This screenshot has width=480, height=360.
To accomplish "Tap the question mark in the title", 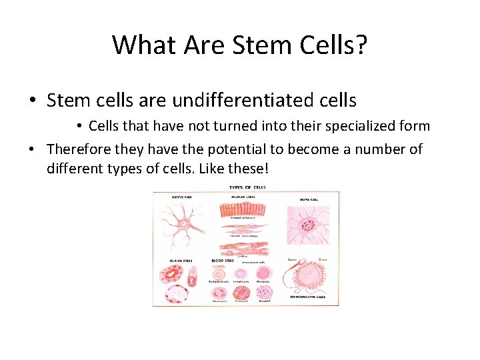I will pyautogui.click(x=361, y=44).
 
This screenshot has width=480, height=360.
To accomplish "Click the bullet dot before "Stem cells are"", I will pyautogui.click(x=33, y=101).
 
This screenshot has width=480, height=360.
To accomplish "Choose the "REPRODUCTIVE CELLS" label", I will pyautogui.click(x=310, y=295).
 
